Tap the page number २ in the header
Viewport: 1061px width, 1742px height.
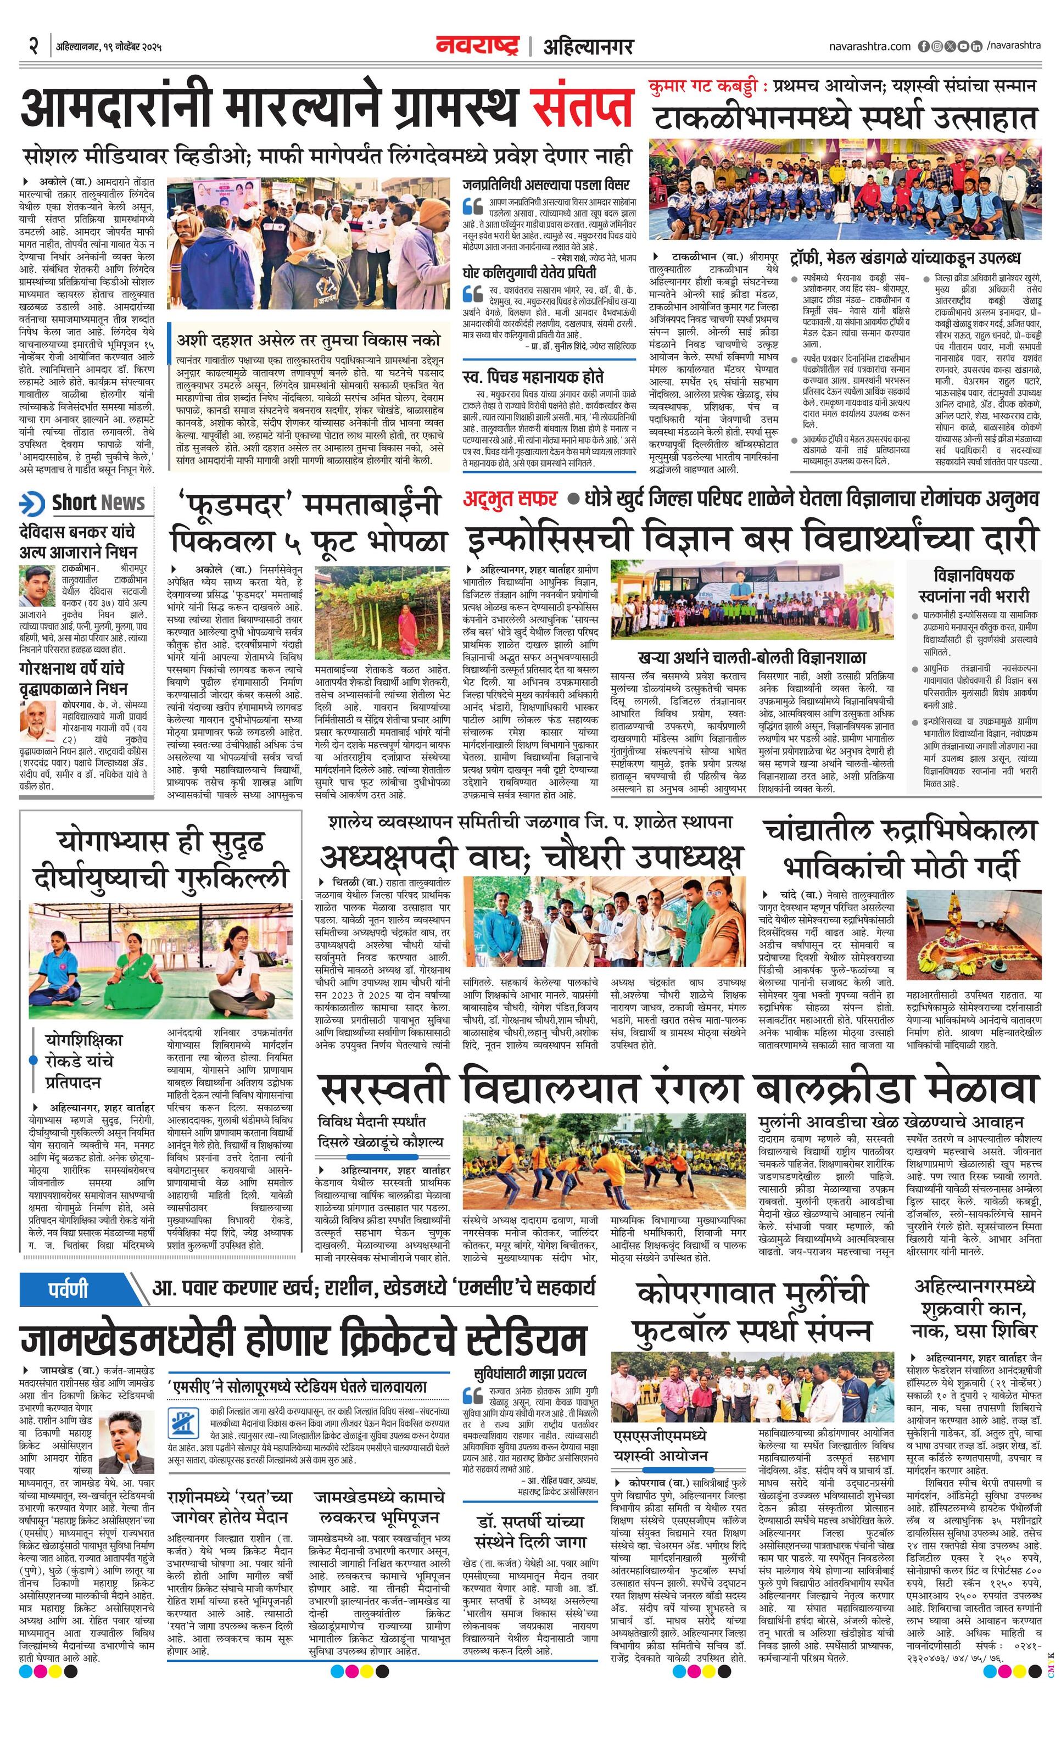pyautogui.click(x=32, y=47)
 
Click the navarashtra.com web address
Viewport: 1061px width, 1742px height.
pyautogui.click(x=869, y=47)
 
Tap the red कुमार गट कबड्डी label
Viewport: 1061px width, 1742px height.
pyautogui.click(x=706, y=87)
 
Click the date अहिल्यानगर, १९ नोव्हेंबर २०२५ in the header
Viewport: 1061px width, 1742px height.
pyautogui.click(x=110, y=47)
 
